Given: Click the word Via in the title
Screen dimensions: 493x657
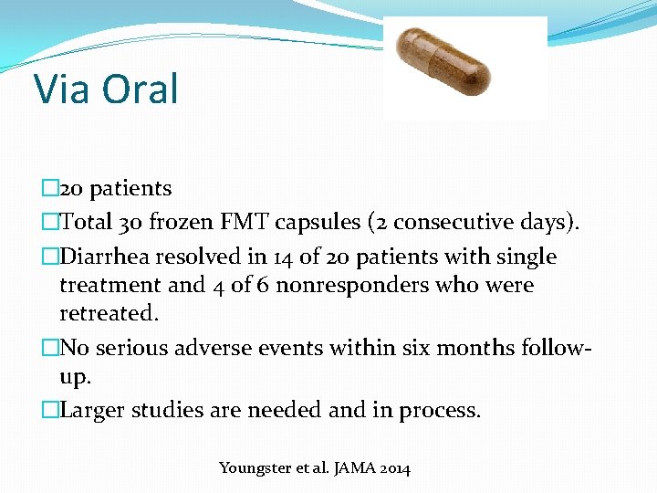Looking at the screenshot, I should [62, 89].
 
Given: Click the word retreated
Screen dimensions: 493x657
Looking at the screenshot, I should [108, 314].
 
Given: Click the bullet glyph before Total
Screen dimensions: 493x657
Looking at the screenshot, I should [49, 223].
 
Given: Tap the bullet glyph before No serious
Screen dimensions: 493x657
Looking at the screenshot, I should [49, 348].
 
